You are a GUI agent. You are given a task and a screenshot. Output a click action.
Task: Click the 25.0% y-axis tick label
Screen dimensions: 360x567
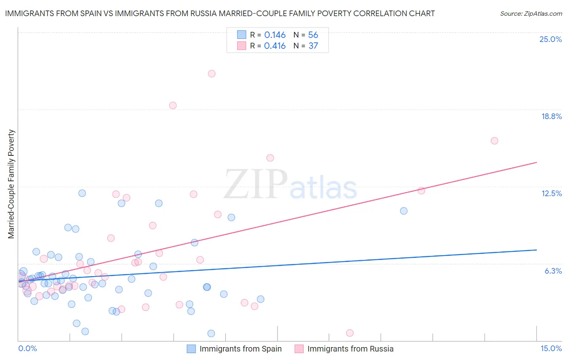[x=550, y=39]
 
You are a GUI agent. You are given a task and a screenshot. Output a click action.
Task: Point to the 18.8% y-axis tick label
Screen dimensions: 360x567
[x=551, y=116]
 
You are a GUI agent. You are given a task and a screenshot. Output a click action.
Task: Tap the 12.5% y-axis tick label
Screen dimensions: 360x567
[x=551, y=193]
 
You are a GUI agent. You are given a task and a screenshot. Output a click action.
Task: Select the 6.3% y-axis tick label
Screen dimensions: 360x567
[x=553, y=271]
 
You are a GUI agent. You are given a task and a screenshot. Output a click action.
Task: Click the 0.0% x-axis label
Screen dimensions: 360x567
[x=27, y=348]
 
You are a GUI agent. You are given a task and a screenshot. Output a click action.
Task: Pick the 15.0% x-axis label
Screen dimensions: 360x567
[x=551, y=348]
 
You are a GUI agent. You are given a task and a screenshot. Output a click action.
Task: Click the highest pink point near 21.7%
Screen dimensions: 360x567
[x=212, y=73]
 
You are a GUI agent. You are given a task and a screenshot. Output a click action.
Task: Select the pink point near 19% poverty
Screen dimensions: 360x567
[x=173, y=105]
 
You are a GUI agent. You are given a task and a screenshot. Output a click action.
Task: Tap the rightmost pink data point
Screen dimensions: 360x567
[x=494, y=141]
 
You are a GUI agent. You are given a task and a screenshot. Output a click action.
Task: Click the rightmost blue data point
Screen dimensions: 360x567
[x=404, y=211]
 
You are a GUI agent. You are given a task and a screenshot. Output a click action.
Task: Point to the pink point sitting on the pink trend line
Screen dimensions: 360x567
[x=421, y=191]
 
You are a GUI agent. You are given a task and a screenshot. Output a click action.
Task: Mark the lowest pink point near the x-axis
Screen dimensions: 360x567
[x=350, y=333]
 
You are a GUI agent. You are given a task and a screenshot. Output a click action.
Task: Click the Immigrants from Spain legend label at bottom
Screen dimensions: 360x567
[x=240, y=349]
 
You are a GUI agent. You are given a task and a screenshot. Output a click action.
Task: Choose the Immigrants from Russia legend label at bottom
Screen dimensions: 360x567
[x=350, y=349]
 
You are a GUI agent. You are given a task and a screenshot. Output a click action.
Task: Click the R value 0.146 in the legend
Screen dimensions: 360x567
[x=275, y=35]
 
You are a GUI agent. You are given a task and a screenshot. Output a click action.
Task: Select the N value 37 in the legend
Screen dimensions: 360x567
[x=313, y=46]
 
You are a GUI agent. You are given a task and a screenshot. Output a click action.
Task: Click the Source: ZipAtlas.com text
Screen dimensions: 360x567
[x=531, y=14]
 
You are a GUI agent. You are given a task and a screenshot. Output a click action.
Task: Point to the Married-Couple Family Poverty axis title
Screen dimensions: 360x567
[x=11, y=184]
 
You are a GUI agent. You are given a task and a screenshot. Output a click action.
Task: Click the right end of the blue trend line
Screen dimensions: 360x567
[x=536, y=250]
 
